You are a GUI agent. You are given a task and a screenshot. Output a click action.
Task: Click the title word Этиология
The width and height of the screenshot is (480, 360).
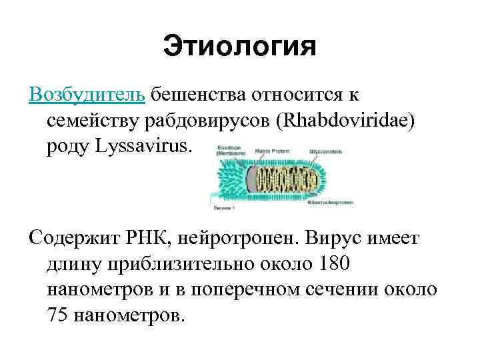click(x=239, y=48)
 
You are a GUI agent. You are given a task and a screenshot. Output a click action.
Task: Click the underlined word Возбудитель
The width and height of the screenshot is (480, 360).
click(x=87, y=94)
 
